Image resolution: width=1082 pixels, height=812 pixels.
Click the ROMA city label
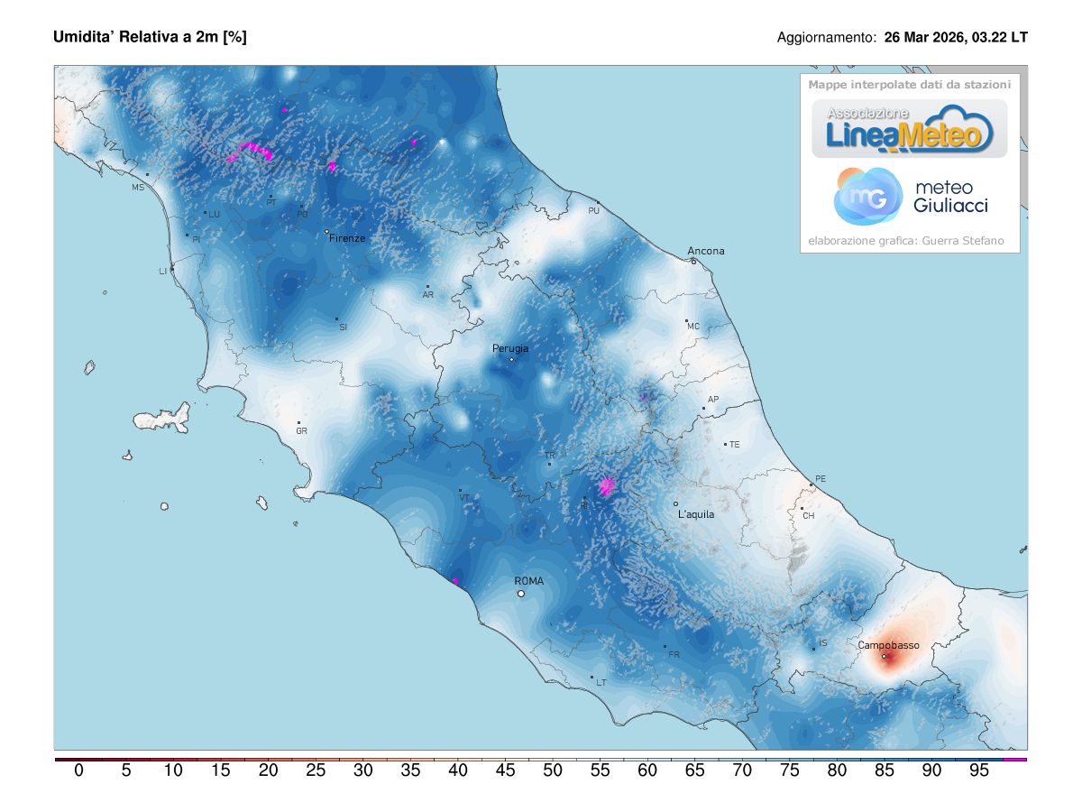point(528,582)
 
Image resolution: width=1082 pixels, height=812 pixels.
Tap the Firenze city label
point(347,238)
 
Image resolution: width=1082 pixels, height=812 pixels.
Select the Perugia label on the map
point(510,348)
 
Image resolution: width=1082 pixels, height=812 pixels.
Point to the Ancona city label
point(706,251)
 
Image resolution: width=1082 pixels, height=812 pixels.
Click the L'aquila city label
point(696,514)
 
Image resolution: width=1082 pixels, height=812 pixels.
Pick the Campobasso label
point(888,645)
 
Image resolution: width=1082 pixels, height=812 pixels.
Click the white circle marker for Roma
point(520,594)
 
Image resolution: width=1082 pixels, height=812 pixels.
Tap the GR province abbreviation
point(302,431)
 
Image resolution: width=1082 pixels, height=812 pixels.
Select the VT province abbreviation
point(464,498)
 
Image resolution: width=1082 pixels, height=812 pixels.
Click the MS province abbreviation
point(138,188)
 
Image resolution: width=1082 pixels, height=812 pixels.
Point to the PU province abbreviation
point(593,211)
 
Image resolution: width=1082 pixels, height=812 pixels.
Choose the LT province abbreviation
point(601,683)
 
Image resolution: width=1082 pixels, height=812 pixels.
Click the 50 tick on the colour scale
point(553,770)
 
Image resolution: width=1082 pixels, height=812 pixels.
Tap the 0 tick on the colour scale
point(78,770)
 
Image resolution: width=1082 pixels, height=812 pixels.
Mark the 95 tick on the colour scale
point(979,770)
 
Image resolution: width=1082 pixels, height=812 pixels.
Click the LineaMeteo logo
point(910,129)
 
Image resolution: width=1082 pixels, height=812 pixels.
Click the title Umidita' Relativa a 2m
point(150,37)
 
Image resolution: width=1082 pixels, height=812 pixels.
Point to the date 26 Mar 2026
point(925,38)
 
